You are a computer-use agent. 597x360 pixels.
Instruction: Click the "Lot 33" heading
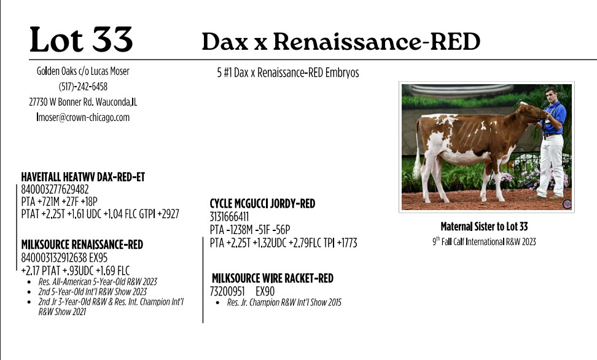(81, 39)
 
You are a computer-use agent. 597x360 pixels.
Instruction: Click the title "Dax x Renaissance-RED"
(341, 41)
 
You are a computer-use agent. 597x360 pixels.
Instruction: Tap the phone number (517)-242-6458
(83, 87)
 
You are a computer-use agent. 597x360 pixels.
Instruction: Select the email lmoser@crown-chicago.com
(83, 117)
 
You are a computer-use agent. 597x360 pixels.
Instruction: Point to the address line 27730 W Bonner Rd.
(61, 102)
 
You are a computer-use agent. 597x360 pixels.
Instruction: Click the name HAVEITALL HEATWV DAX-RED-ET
(83, 177)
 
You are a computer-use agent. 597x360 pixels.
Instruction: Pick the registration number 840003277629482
(55, 189)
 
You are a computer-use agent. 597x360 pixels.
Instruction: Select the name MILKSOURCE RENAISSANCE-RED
(82, 245)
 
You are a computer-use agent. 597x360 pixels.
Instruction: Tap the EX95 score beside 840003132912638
(98, 258)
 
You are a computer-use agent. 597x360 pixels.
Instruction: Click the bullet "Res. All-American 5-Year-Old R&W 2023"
(98, 281)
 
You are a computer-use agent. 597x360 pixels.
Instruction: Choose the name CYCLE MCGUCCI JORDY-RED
(262, 204)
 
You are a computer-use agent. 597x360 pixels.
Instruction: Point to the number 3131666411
(229, 217)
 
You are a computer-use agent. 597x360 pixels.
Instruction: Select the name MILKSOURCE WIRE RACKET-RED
(273, 278)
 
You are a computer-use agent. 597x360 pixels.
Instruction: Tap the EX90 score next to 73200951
(265, 291)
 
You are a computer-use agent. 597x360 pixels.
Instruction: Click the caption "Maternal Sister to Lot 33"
(485, 227)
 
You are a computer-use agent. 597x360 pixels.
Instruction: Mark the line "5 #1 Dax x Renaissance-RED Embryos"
(288, 72)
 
